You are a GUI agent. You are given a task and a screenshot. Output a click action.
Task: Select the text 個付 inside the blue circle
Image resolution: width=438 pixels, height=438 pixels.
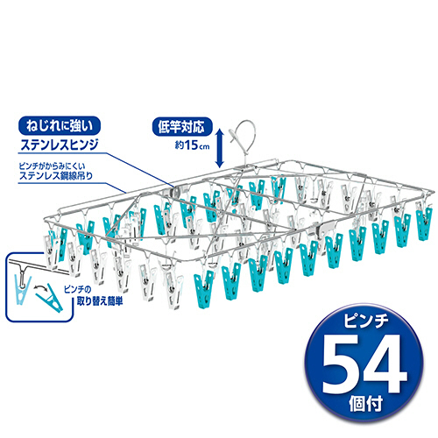pos(365,404)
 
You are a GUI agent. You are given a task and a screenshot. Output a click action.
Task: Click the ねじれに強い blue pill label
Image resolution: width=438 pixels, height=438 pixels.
pos(60,126)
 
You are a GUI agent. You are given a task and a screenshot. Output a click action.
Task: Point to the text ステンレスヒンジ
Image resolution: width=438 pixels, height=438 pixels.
pos(60,145)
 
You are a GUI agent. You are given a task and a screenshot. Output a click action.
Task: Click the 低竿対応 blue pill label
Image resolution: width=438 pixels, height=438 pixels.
pos(182,127)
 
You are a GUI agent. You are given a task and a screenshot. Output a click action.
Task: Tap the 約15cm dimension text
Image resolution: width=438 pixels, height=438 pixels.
pos(193,145)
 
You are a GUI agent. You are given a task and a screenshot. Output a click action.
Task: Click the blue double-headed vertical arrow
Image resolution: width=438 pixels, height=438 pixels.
pos(220,149)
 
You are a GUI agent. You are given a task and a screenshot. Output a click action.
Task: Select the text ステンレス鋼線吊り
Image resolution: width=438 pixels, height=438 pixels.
pos(56,176)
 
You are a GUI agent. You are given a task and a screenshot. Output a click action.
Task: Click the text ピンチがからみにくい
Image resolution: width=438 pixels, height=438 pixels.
pos(52,166)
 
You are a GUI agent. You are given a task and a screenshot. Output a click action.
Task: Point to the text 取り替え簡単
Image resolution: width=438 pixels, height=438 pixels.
pos(100,301)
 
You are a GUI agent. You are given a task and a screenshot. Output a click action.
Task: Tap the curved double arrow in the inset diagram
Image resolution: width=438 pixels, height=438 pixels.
pos(41,288)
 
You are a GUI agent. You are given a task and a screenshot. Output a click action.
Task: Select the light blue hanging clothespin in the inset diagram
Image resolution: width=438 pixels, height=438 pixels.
pos(23,287)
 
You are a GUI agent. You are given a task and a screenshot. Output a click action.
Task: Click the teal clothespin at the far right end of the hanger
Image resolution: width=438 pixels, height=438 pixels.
pos(424,223)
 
